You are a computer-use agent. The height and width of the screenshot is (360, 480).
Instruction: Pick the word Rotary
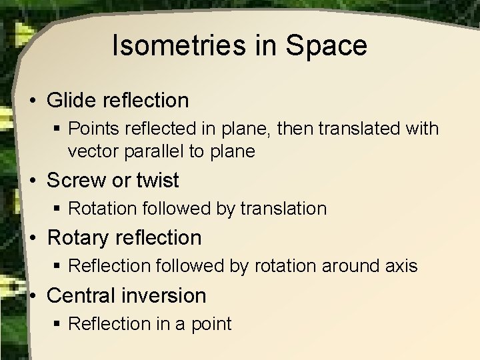81,237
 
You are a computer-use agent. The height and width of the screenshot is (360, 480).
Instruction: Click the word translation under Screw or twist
286,209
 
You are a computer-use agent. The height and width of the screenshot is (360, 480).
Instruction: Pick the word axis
401,266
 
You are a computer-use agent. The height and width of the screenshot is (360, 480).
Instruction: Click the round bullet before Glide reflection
33,101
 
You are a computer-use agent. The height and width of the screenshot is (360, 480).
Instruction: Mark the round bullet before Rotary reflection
33,238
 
